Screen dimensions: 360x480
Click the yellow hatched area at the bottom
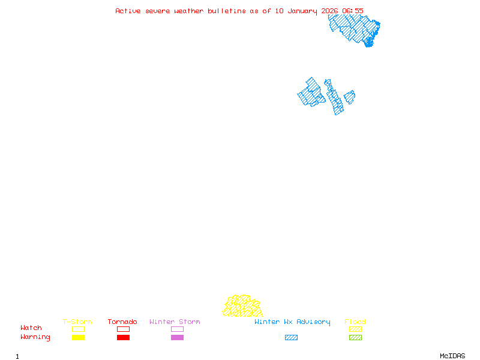click(x=242, y=307)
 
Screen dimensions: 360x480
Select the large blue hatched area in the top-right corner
click(x=354, y=28)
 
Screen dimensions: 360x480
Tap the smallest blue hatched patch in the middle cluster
click(x=349, y=97)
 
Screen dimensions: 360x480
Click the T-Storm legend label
click(x=77, y=322)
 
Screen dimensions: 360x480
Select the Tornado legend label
click(x=122, y=322)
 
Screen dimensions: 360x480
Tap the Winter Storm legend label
click(x=175, y=322)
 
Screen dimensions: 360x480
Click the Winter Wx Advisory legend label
click(x=292, y=322)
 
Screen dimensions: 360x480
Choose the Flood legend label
click(x=355, y=322)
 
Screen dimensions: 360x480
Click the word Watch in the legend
click(x=31, y=328)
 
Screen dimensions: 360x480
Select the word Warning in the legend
click(x=35, y=337)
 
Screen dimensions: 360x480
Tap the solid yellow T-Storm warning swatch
click(x=78, y=338)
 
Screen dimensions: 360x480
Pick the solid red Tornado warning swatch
click(x=123, y=338)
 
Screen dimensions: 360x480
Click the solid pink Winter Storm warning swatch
click(x=177, y=338)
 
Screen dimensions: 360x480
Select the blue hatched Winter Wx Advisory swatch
click(x=291, y=338)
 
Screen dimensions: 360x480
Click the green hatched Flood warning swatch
click(x=355, y=338)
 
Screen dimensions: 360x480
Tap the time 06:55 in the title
click(x=353, y=11)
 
